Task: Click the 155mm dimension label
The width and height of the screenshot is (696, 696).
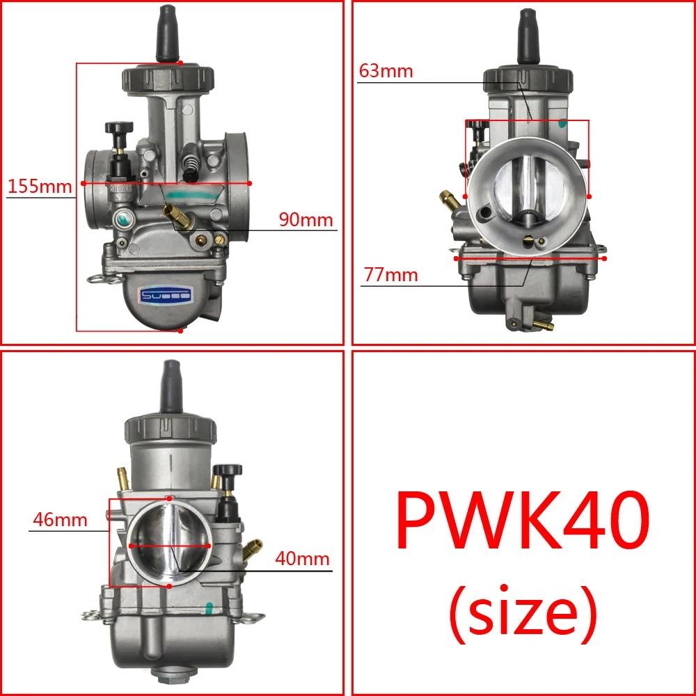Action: click(40, 187)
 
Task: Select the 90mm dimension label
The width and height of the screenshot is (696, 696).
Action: click(306, 220)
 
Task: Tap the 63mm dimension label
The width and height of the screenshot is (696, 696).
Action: click(386, 71)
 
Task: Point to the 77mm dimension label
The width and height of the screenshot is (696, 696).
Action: click(390, 275)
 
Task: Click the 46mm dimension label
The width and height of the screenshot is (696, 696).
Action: click(60, 519)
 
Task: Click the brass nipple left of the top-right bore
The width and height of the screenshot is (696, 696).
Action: click(448, 200)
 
